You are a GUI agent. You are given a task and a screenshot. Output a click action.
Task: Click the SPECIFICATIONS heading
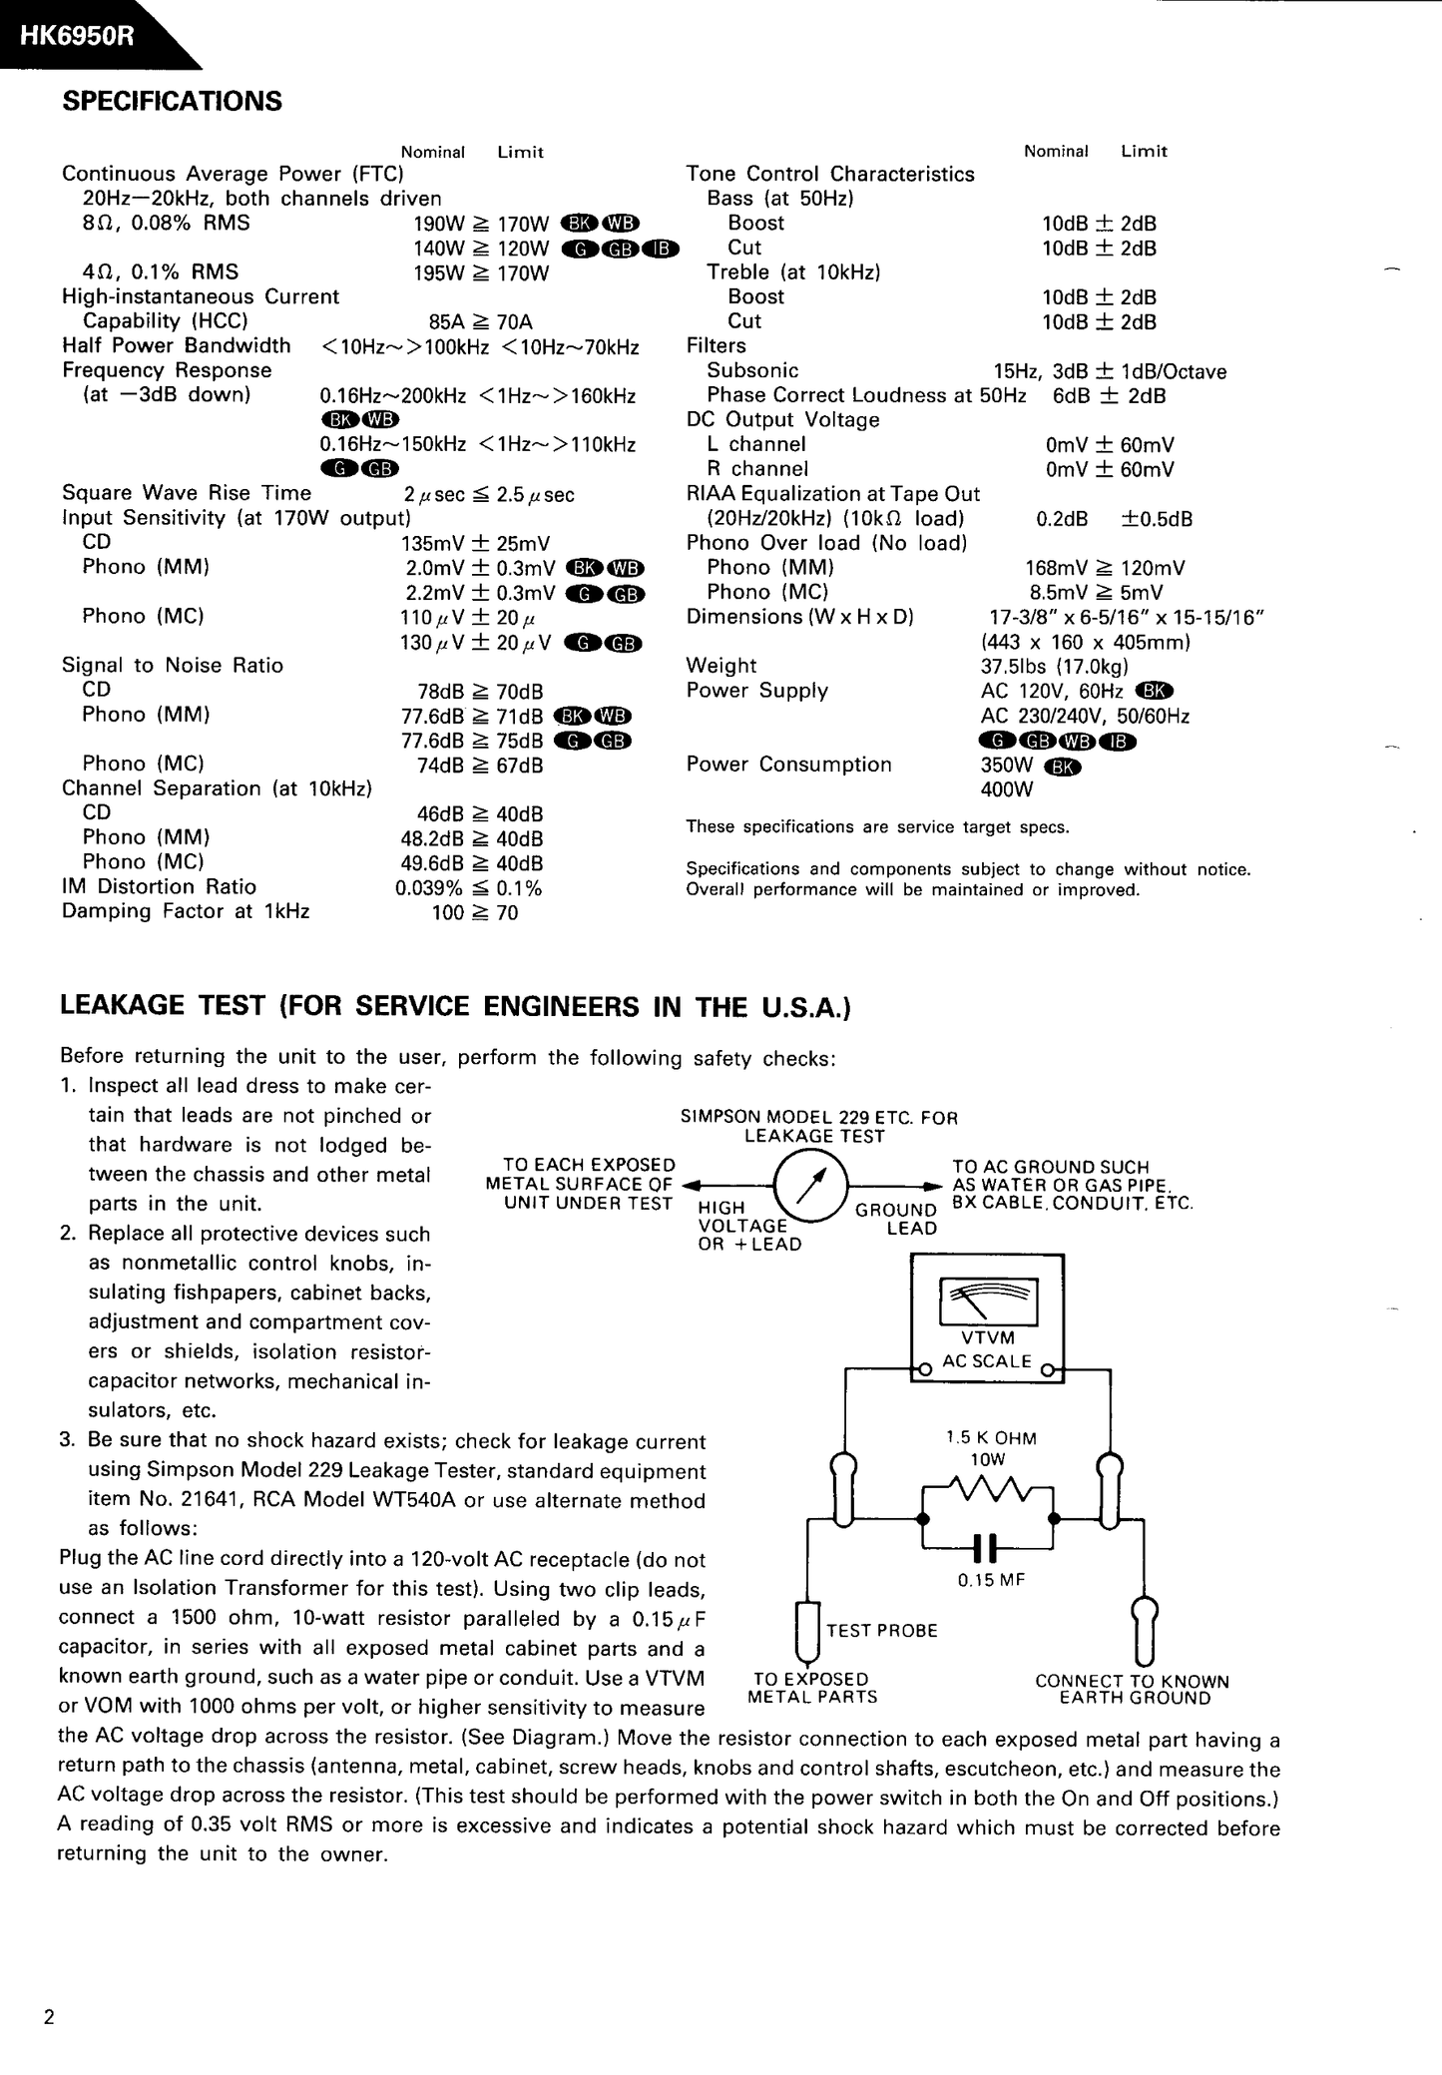[x=172, y=102]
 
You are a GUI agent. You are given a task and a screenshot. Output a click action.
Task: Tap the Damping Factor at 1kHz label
[x=186, y=911]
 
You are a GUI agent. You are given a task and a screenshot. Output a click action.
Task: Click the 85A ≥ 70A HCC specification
[x=480, y=322]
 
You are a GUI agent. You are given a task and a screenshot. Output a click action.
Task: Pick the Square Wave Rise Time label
[x=187, y=493]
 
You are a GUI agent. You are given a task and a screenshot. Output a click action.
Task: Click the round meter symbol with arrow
[x=810, y=1186]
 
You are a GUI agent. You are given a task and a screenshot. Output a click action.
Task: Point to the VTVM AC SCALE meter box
[x=987, y=1317]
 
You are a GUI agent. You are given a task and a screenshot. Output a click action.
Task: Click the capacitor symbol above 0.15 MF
[x=986, y=1548]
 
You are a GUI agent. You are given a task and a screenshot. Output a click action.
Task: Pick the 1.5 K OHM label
[x=991, y=1438]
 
